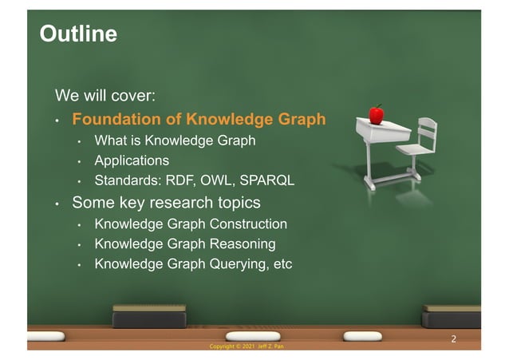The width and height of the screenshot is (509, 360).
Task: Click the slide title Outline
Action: (x=78, y=34)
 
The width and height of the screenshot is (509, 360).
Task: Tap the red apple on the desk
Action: (x=376, y=114)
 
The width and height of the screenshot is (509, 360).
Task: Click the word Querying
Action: (x=233, y=263)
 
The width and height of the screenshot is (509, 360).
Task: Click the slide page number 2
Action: (x=454, y=339)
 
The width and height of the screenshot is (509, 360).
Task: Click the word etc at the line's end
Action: (x=282, y=263)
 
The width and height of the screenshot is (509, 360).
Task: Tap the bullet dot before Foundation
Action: (x=57, y=121)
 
